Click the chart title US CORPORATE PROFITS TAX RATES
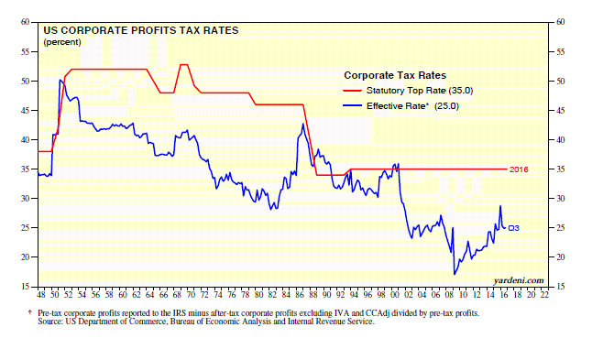point(141,31)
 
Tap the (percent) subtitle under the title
point(62,42)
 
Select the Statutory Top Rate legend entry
point(408,91)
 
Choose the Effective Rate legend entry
point(400,106)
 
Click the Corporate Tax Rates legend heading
point(395,75)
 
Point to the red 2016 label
point(519,169)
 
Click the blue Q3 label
point(514,228)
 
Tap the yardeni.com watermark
point(519,280)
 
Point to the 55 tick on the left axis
point(25,52)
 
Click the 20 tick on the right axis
point(561,257)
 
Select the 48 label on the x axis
point(41,295)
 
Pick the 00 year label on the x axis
point(395,295)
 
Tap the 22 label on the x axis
point(544,295)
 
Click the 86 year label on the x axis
point(300,295)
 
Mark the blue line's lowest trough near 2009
point(455,274)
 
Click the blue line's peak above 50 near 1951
point(60,80)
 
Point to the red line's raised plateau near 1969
point(184,64)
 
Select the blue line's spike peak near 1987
point(303,124)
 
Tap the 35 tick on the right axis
point(561,169)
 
